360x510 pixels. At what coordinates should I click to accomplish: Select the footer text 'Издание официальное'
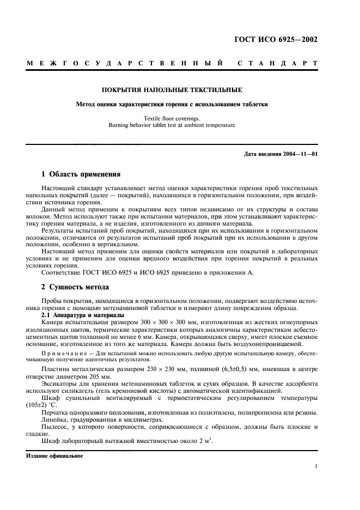click(x=54, y=456)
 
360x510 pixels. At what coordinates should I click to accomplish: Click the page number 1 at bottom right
click(x=316, y=466)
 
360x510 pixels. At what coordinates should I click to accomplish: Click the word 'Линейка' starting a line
click(x=54, y=420)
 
